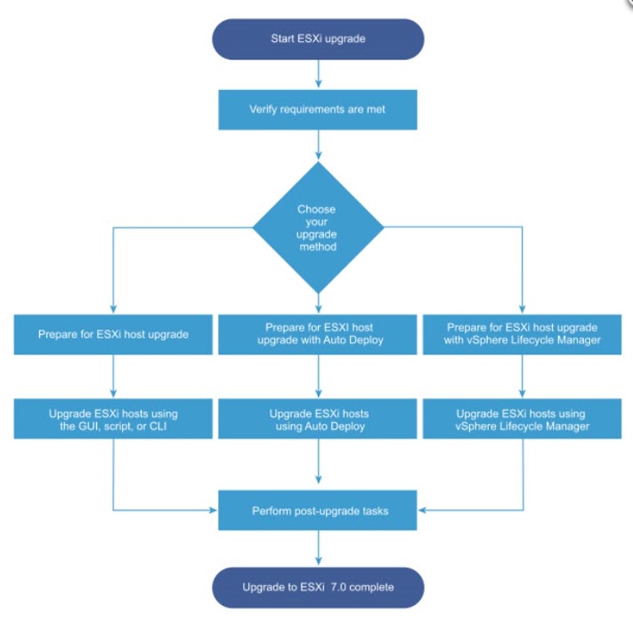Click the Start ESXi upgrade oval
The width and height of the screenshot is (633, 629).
pyautogui.click(x=318, y=39)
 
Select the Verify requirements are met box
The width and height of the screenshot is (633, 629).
pyautogui.click(x=318, y=110)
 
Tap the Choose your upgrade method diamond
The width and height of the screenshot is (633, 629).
pyautogui.click(x=318, y=227)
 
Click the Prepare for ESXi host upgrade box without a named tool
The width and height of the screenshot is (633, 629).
pyautogui.click(x=113, y=335)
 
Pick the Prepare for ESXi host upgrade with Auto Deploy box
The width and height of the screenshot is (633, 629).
pyautogui.click(x=318, y=335)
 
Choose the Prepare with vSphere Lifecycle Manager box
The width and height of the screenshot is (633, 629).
pyautogui.click(x=523, y=335)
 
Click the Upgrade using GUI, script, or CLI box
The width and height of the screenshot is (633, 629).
pyautogui.click(x=113, y=419)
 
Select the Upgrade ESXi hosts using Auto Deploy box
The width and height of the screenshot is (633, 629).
pyautogui.click(x=318, y=419)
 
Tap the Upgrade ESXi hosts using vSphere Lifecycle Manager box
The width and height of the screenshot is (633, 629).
pyautogui.click(x=523, y=419)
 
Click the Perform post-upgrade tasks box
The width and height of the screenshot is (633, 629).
pyautogui.click(x=318, y=510)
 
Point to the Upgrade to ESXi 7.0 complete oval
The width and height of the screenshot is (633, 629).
pyautogui.click(x=318, y=588)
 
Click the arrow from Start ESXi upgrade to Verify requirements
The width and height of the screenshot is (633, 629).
pyautogui.click(x=318, y=74)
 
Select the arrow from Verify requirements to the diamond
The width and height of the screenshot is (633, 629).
pyautogui.click(x=318, y=145)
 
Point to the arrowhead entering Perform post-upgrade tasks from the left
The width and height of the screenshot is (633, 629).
pyautogui.click(x=213, y=510)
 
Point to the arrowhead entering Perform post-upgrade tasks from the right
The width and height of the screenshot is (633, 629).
pyautogui.click(x=422, y=510)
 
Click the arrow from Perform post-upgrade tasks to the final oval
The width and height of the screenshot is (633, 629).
pyautogui.click(x=318, y=548)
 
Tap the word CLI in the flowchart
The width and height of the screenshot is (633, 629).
pyautogui.click(x=158, y=427)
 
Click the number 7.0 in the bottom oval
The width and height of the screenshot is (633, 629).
pyautogui.click(x=338, y=587)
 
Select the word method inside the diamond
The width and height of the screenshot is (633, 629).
pyautogui.click(x=318, y=246)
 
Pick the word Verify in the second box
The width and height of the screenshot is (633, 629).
pyautogui.click(x=263, y=110)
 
